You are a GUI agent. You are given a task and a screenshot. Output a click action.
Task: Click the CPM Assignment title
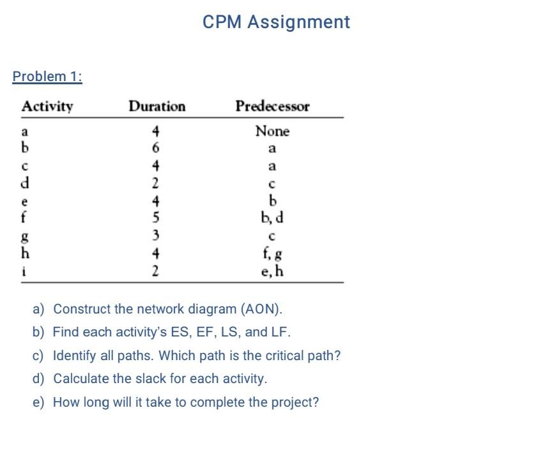276,22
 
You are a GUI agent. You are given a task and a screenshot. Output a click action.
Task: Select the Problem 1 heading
47,77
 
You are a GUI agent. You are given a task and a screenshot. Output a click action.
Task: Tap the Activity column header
47,106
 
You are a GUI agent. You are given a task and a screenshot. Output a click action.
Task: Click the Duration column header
157,106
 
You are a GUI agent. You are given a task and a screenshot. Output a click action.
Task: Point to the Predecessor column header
272,106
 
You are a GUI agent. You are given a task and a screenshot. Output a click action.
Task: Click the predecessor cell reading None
272,132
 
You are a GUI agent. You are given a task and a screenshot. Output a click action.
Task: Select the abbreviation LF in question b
282,332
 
